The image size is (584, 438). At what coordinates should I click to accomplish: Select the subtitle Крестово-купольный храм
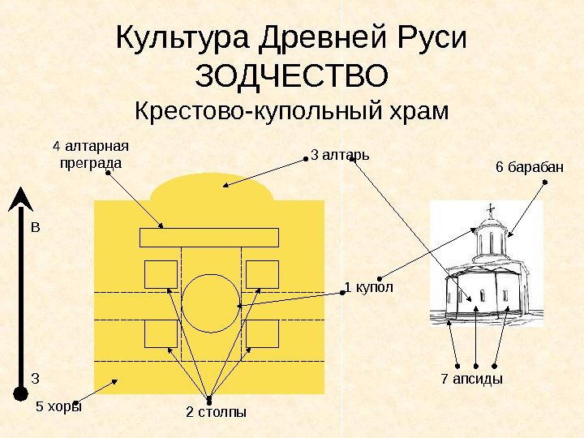(291, 110)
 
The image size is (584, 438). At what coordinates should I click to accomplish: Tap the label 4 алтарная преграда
(91, 154)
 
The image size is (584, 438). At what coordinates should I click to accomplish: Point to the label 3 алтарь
(340, 153)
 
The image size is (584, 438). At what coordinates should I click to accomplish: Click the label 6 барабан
(529, 167)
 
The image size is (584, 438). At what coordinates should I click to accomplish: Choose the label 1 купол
(369, 287)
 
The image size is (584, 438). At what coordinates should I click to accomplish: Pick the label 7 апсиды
(471, 379)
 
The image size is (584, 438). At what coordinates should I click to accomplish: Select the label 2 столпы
(216, 413)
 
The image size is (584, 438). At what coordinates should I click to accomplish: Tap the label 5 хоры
(59, 407)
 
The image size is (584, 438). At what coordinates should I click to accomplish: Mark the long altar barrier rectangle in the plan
(209, 237)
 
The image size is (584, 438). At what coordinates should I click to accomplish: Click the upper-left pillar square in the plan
(161, 274)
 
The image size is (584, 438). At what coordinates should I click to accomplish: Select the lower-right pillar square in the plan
(262, 333)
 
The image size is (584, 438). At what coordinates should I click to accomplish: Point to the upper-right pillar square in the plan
(262, 274)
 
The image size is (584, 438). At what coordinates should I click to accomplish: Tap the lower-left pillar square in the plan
(161, 333)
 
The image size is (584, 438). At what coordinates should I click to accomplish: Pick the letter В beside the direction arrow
(35, 228)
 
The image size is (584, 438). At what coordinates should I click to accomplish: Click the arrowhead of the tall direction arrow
(18, 200)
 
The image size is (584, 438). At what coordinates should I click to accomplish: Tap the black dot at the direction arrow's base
(18, 395)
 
